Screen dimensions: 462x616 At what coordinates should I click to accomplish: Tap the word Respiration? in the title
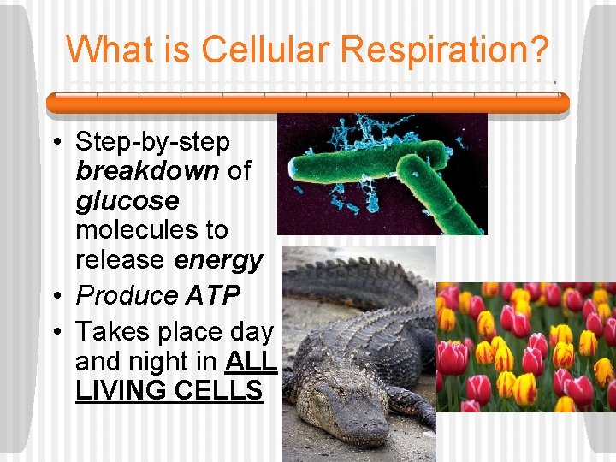tap(444, 50)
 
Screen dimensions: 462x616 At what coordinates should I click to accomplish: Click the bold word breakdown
tap(147, 171)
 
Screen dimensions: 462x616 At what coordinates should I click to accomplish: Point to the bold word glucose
tap(127, 201)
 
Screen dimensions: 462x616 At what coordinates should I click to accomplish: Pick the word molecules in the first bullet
tap(151, 230)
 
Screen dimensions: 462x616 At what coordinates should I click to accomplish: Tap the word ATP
tap(212, 295)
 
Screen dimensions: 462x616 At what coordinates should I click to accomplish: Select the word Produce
tap(127, 295)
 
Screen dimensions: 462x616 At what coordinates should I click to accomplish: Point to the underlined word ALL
tap(251, 361)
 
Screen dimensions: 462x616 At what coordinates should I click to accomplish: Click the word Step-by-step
tap(152, 141)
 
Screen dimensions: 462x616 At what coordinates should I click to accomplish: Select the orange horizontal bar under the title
tap(307, 103)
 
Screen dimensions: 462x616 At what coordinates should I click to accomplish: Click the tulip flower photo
tap(525, 346)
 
